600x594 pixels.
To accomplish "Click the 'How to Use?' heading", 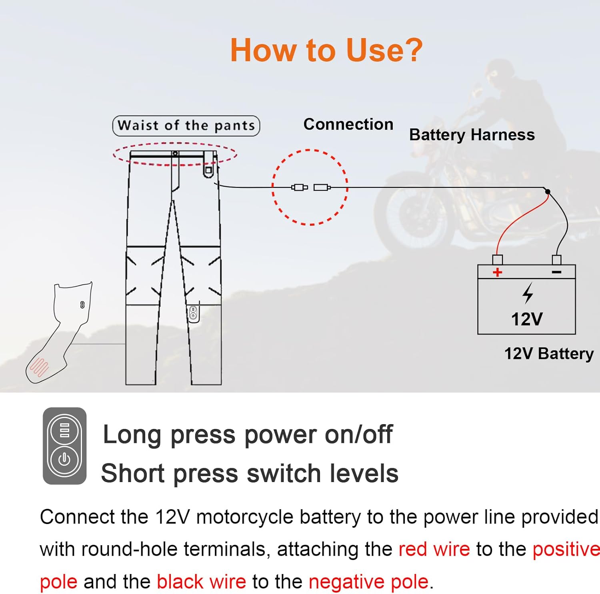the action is point(326,50).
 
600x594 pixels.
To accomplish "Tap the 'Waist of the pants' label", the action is point(186,126).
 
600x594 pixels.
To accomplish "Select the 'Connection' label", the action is point(348,124).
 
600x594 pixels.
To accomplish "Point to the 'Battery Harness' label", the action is point(472,135).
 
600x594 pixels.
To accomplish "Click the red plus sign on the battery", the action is point(497,272).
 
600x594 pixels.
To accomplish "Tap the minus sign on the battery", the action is point(556,272).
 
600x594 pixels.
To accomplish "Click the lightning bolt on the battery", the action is point(528,293).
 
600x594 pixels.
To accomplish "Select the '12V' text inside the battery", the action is point(527,319).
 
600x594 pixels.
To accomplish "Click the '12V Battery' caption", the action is point(549,354).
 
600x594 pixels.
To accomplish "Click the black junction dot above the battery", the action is point(548,192).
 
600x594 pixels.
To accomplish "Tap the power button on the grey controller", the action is point(64,459).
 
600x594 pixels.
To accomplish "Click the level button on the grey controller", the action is point(64,431).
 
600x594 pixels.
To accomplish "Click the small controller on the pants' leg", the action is point(193,313).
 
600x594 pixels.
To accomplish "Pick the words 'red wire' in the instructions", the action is point(434,549).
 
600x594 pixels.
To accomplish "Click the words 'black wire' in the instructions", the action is point(201,582).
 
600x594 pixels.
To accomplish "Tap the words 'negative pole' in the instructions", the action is point(368,582).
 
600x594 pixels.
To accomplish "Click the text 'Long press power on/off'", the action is point(248,435).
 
